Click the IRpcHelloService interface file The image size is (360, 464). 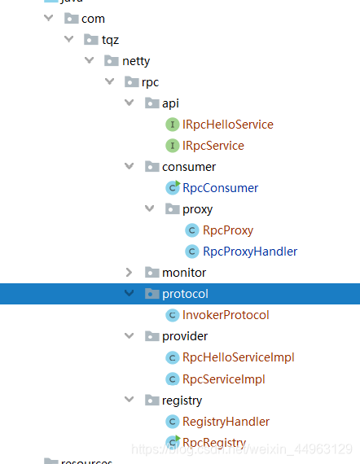[227, 125]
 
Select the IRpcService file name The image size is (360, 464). [213, 146]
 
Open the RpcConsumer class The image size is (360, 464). [220, 188]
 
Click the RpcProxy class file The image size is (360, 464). [228, 230]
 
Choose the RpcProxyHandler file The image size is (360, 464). [249, 252]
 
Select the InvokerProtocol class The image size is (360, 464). [226, 315]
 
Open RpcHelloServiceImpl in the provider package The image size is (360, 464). [238, 357]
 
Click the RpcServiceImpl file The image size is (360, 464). [223, 379]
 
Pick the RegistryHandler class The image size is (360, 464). [226, 421]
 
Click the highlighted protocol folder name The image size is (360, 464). [185, 294]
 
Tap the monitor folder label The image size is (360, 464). [184, 273]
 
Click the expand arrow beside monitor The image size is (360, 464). [129, 273]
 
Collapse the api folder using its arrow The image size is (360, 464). [129, 103]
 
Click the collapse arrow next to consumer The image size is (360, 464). [129, 167]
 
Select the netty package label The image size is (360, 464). [136, 61]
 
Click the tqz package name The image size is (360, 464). [110, 40]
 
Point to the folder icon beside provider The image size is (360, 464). [151, 336]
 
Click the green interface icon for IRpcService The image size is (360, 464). [172, 146]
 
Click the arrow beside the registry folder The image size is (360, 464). [129, 400]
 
